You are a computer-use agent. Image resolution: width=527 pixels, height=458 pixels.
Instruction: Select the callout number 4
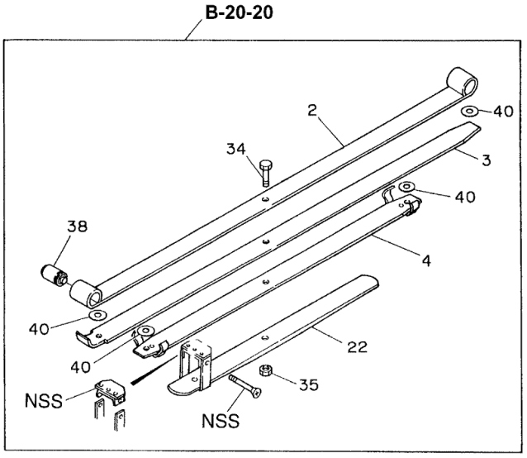tap(425, 262)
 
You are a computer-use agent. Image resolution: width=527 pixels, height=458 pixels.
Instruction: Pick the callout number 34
tap(237, 150)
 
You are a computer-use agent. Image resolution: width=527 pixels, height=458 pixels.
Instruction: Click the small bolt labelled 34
tap(264, 174)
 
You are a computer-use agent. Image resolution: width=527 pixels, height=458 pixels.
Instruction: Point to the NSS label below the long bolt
tap(222, 421)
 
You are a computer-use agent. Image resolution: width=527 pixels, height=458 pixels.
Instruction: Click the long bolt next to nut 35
tap(246, 384)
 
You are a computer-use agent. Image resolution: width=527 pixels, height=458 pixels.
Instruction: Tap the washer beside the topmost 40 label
tap(469, 110)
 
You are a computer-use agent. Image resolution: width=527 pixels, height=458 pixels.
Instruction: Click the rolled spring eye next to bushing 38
tap(85, 292)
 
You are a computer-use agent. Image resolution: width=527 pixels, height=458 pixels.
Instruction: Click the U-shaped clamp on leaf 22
tap(195, 364)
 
